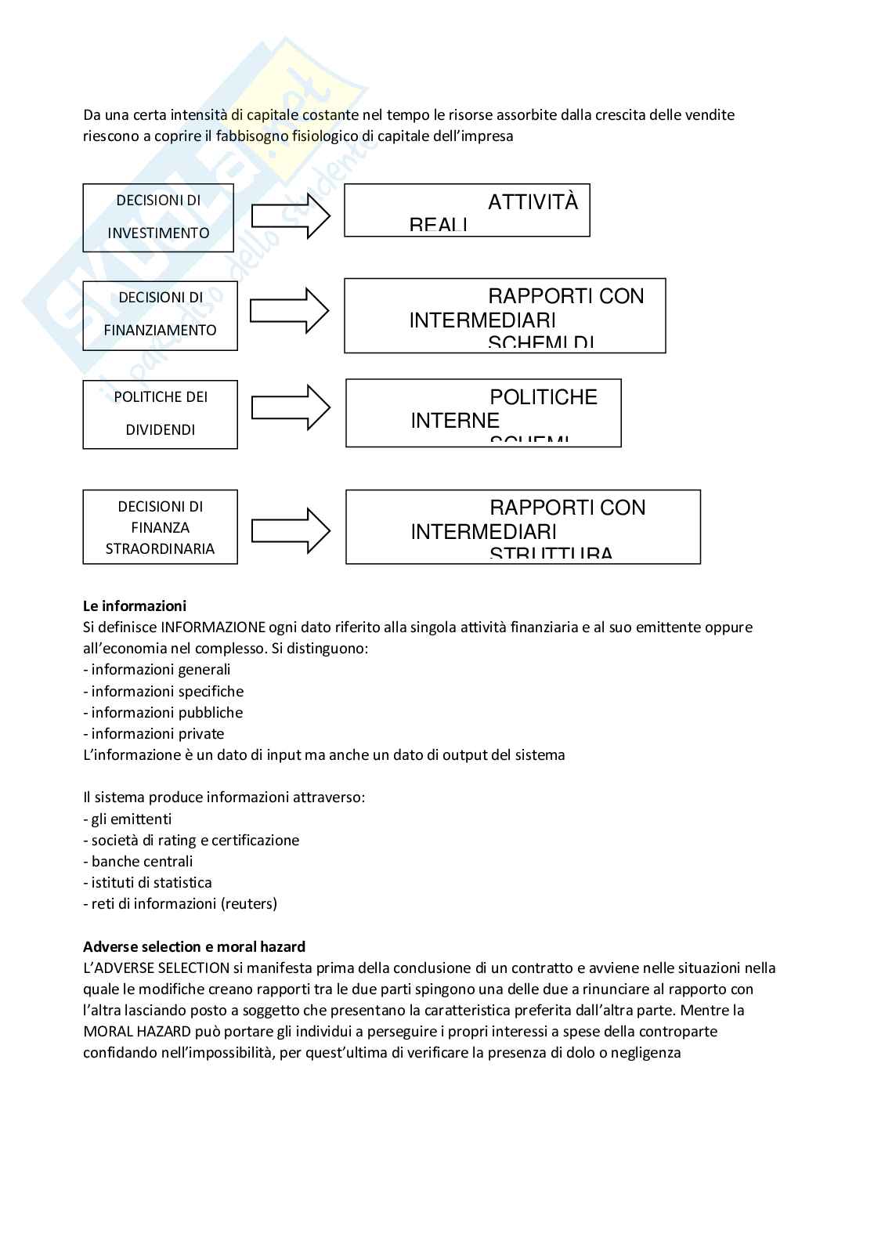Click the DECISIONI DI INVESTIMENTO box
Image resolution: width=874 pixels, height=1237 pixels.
click(158, 217)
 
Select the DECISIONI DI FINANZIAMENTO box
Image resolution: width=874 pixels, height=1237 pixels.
click(160, 315)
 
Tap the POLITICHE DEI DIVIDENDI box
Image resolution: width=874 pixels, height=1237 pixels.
click(160, 414)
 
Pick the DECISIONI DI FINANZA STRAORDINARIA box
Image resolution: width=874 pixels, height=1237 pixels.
click(160, 527)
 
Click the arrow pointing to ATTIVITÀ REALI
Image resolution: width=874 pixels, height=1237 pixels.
click(291, 215)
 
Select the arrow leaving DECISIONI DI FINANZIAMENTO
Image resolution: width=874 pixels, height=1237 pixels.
click(289, 311)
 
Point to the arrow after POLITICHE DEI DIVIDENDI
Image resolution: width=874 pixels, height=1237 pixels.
click(291, 407)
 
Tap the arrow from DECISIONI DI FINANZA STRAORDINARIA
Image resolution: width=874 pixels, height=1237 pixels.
click(291, 530)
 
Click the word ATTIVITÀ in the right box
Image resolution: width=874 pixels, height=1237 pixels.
click(533, 202)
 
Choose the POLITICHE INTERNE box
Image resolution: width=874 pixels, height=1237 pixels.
click(483, 413)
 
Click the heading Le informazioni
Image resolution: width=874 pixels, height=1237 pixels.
click(135, 606)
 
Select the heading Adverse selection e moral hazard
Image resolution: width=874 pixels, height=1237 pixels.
click(194, 946)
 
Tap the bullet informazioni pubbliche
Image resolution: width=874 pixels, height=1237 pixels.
click(166, 712)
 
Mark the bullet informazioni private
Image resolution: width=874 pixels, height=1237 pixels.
click(157, 733)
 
